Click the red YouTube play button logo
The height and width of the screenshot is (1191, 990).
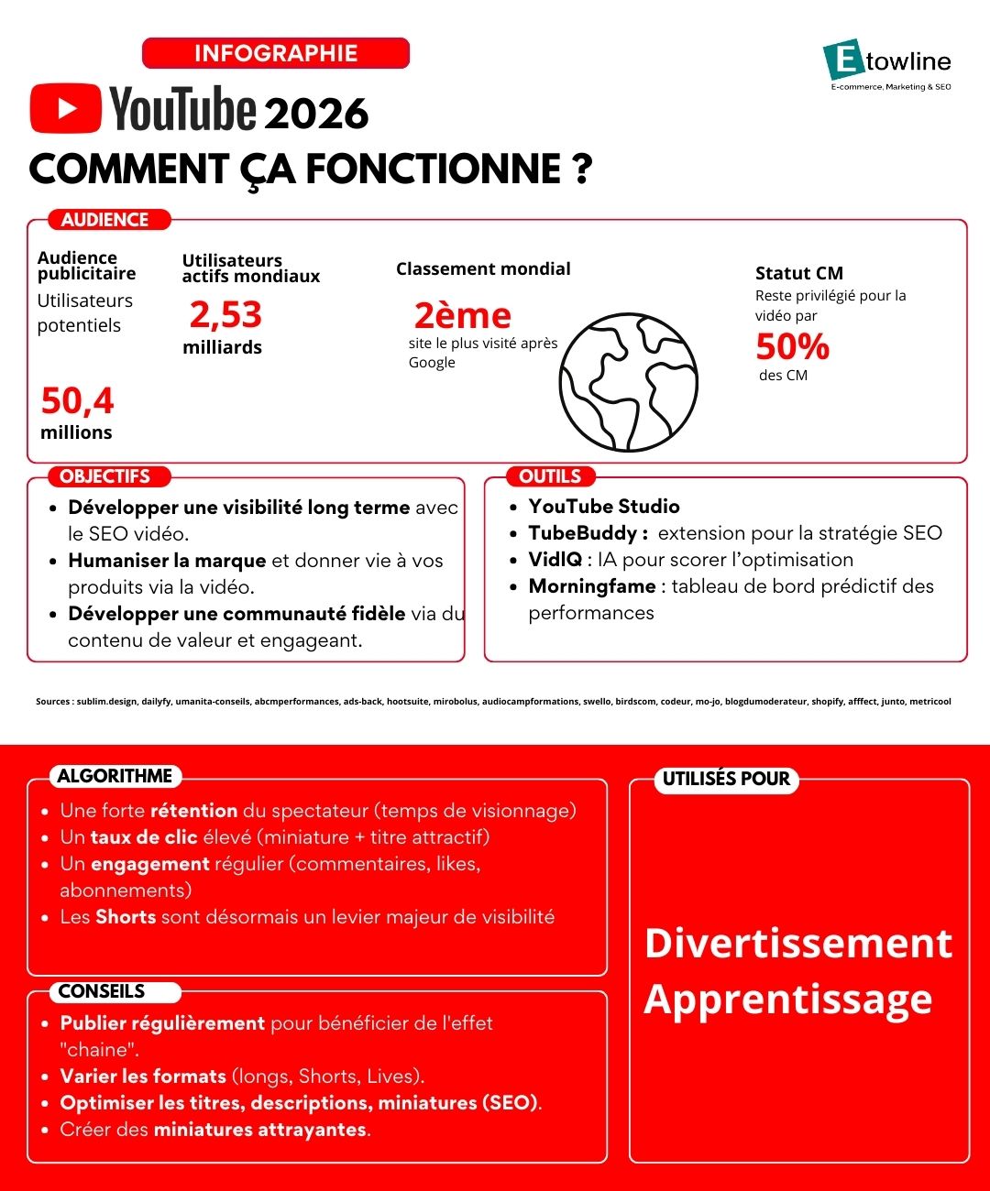pyautogui.click(x=65, y=108)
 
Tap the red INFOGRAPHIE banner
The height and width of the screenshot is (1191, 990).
pyautogui.click(x=276, y=53)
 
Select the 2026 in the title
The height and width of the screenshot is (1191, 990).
pyautogui.click(x=316, y=114)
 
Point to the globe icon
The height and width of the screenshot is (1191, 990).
pyautogui.click(x=628, y=382)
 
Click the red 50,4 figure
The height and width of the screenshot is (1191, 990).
pyautogui.click(x=77, y=401)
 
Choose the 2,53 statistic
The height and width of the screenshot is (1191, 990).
pyautogui.click(x=225, y=315)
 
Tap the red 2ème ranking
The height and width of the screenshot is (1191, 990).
pyautogui.click(x=462, y=316)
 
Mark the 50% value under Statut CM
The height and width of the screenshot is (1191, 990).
pyautogui.click(x=792, y=347)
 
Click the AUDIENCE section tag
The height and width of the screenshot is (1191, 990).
pyautogui.click(x=104, y=220)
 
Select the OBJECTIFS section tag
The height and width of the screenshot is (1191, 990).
pyautogui.click(x=104, y=476)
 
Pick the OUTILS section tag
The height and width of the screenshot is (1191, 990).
pyautogui.click(x=550, y=476)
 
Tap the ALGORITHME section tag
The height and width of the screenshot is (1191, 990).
pyautogui.click(x=115, y=776)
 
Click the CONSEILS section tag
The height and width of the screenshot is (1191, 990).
pyautogui.click(x=102, y=991)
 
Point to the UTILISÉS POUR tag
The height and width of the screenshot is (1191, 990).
pyautogui.click(x=726, y=779)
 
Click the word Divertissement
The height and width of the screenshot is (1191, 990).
pyautogui.click(x=798, y=944)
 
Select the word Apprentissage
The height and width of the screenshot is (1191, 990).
pyautogui.click(x=788, y=1000)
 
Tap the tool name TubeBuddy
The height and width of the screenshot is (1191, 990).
pyautogui.click(x=583, y=533)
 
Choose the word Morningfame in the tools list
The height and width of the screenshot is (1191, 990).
pyautogui.click(x=592, y=586)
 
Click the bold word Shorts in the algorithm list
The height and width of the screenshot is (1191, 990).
pyautogui.click(x=126, y=917)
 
